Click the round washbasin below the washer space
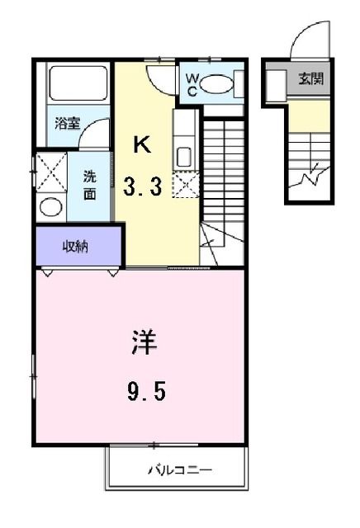pyautogui.click(x=51, y=206)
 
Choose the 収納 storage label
pyautogui.click(x=75, y=246)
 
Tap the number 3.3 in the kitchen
pyautogui.click(x=142, y=187)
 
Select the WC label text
pyautogui.click(x=191, y=86)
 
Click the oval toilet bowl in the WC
pyautogui.click(x=216, y=84)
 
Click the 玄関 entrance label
pyautogui.click(x=311, y=80)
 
